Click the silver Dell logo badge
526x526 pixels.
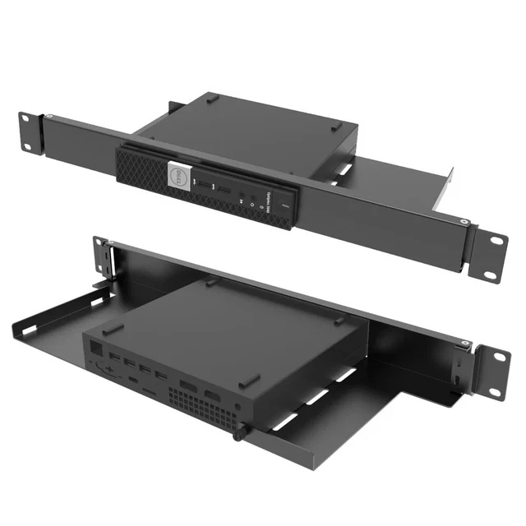click(173, 174)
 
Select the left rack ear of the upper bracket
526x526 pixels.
click(30, 131)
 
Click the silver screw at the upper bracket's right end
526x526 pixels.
click(465, 221)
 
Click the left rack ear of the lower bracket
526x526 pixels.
click(104, 256)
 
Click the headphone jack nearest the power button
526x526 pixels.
click(244, 198)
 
